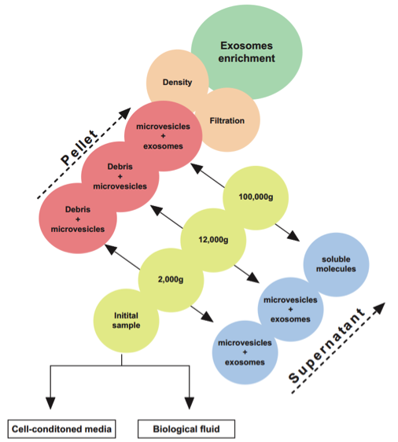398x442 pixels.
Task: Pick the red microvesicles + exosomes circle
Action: (x=163, y=136)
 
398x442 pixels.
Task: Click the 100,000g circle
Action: (x=256, y=197)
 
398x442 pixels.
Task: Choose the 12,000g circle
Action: (x=213, y=240)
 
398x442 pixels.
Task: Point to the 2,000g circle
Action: (x=171, y=280)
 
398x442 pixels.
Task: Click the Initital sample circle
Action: (x=127, y=321)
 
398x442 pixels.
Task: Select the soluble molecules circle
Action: (x=336, y=264)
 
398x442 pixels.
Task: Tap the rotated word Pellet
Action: (x=79, y=147)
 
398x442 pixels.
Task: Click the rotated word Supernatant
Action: (x=327, y=345)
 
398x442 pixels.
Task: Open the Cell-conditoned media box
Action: (x=61, y=429)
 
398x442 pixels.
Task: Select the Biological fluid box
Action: (x=186, y=429)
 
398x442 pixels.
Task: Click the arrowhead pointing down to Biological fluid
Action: (x=189, y=403)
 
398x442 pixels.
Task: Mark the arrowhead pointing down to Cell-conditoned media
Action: (x=50, y=403)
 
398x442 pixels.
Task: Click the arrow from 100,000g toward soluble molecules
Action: (x=287, y=233)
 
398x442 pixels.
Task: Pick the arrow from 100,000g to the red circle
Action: (x=208, y=175)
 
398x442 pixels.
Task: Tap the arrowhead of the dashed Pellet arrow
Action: (x=125, y=112)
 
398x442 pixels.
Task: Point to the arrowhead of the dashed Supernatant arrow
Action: (x=379, y=308)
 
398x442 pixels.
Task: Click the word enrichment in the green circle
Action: (x=247, y=58)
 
